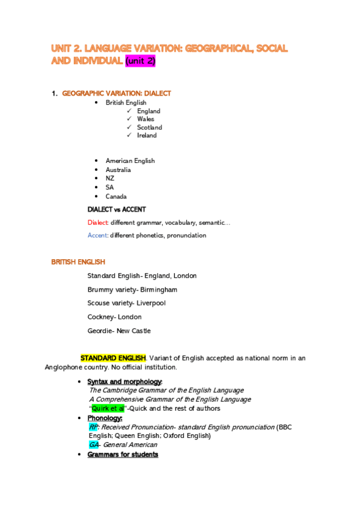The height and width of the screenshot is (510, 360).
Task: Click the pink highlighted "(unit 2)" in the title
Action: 140,61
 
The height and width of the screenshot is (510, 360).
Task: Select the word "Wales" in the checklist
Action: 145,119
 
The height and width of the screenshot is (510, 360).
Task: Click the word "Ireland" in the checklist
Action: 147,135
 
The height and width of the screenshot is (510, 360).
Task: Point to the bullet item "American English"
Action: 130,161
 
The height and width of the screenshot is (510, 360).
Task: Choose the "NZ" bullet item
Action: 110,178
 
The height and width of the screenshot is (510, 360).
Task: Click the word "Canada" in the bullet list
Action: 116,196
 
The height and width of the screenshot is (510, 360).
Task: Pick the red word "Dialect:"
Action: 98,223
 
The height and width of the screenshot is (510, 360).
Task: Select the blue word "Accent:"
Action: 98,235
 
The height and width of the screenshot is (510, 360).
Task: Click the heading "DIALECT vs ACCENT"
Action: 117,209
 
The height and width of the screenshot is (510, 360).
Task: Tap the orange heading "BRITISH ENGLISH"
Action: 78,262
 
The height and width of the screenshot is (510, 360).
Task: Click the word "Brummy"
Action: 100,289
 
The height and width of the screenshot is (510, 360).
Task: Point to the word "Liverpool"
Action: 150,303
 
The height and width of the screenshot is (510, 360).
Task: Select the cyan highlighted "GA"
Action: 93,445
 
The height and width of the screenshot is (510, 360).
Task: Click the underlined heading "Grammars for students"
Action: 123,455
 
